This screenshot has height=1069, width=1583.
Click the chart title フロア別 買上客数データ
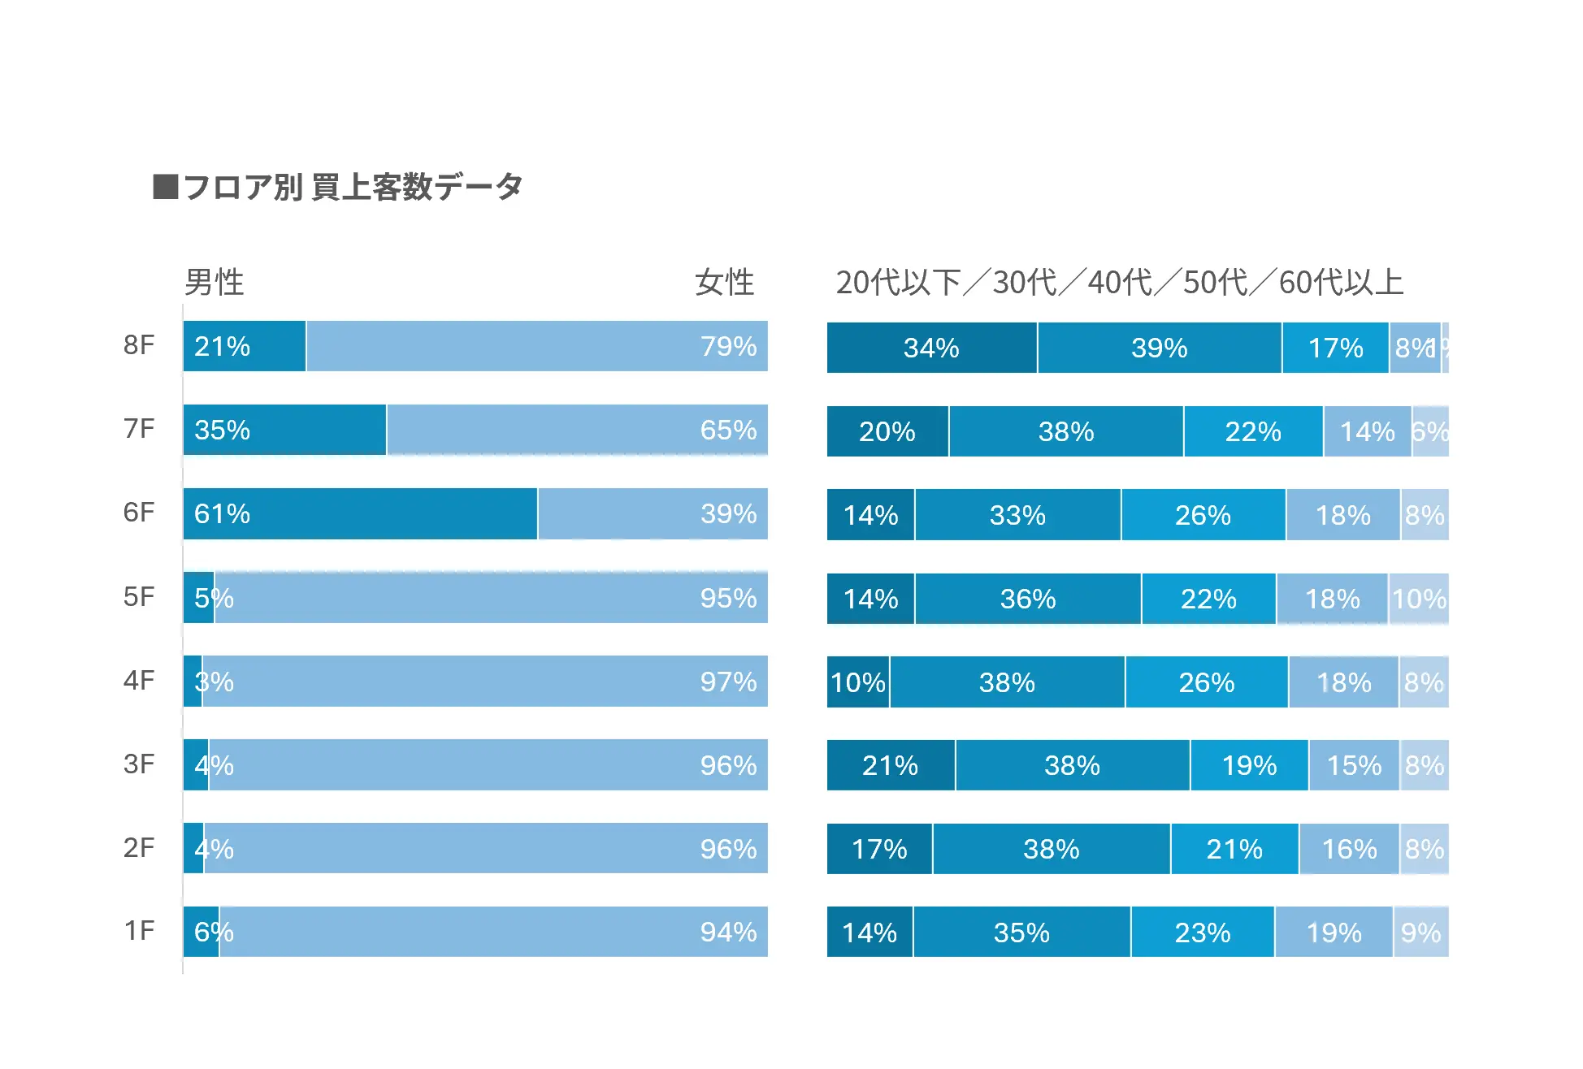coord(352,187)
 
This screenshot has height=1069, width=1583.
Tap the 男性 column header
coord(214,283)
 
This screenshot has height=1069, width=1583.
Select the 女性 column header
coord(724,283)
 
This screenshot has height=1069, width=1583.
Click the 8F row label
coord(138,345)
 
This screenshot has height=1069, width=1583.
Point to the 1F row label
coord(138,931)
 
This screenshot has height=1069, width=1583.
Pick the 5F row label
coord(138,597)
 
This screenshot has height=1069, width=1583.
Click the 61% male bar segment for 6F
coord(360,513)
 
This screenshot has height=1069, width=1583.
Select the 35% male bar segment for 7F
coord(284,430)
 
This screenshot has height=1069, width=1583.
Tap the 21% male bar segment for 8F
coord(244,346)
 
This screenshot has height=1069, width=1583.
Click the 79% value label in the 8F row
coord(728,346)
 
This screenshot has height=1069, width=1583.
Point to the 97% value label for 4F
coord(728,682)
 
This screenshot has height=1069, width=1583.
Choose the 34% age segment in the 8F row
coord(931,348)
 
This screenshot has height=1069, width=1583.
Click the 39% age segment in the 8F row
coord(1159,348)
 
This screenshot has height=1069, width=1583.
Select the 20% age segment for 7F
coord(887,431)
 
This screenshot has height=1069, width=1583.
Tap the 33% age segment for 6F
coord(1017,515)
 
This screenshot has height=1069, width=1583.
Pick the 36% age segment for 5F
coord(1028,599)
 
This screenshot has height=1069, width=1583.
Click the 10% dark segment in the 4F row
coord(858,682)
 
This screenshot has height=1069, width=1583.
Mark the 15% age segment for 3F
coord(1354,765)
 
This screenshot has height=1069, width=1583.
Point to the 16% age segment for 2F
coord(1349,849)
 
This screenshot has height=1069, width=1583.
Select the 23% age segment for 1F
coord(1203,933)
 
